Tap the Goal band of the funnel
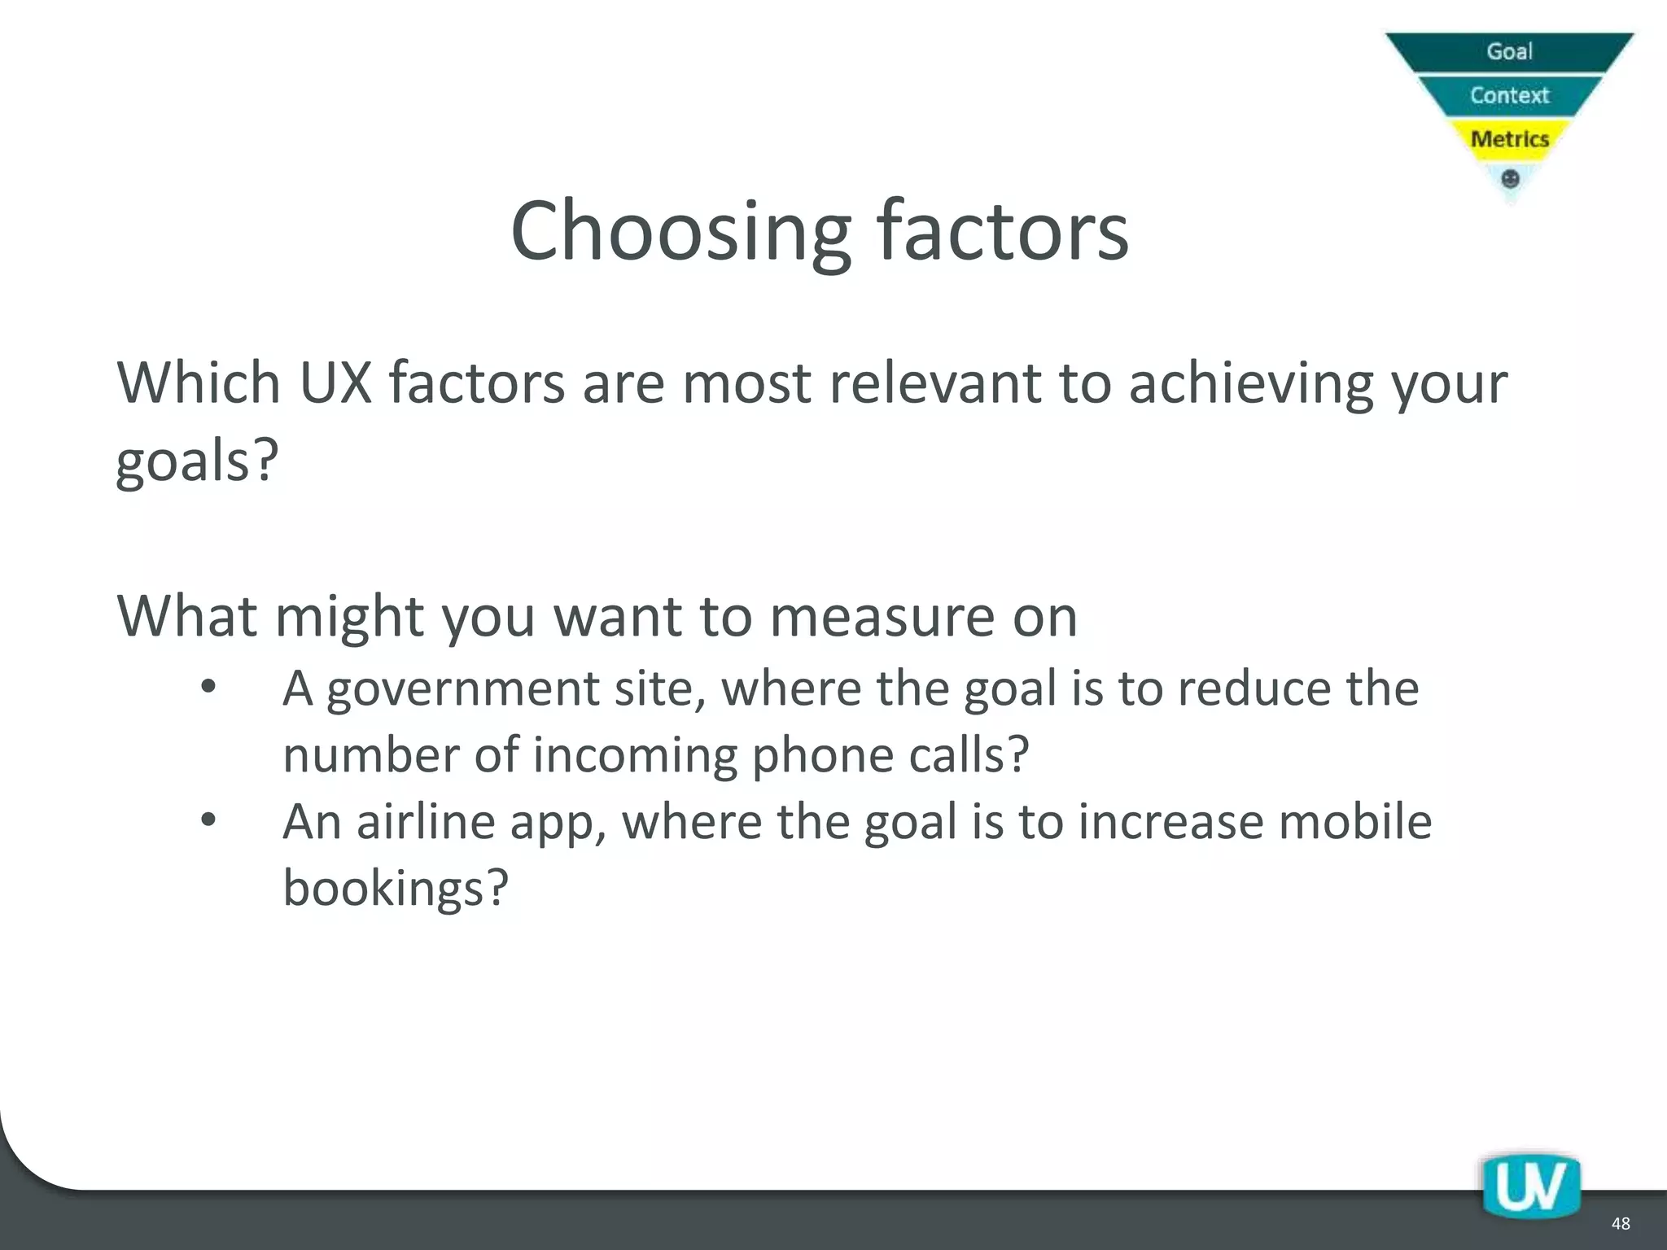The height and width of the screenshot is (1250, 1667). (x=1510, y=51)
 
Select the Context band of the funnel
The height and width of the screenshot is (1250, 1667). (x=1510, y=95)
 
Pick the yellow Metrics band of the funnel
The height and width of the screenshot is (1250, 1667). (x=1510, y=139)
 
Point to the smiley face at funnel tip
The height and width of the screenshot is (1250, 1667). (x=1510, y=179)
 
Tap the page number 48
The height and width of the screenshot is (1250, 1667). (x=1620, y=1224)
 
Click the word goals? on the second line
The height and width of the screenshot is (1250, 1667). (x=198, y=461)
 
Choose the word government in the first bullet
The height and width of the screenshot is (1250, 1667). (x=463, y=690)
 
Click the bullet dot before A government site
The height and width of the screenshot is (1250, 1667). (x=208, y=688)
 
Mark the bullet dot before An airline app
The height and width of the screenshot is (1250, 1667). (x=208, y=819)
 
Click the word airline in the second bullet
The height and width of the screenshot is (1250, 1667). (x=425, y=821)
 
